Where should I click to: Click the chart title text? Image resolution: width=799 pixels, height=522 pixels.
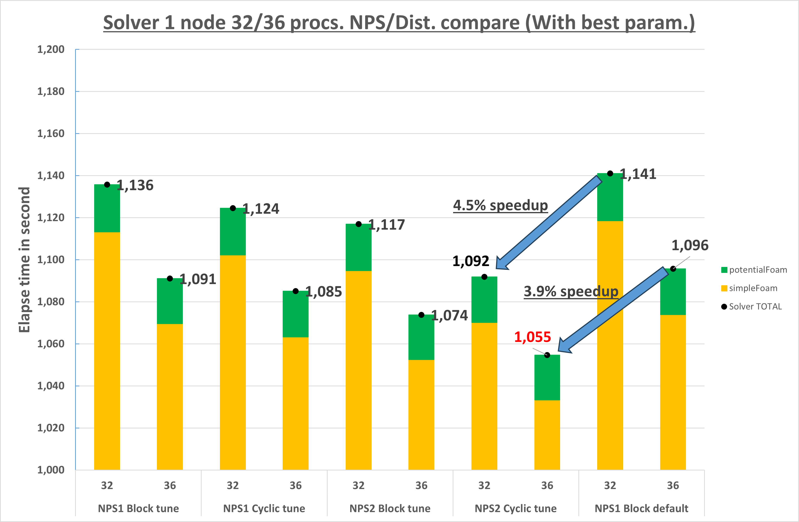399,23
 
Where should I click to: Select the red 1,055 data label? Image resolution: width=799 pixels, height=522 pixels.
533,337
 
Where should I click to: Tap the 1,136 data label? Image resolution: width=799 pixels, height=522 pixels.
135,185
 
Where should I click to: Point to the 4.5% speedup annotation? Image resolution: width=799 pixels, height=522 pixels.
500,205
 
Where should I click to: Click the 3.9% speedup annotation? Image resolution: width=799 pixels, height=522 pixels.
571,291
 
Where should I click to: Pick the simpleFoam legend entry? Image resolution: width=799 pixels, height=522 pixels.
749,288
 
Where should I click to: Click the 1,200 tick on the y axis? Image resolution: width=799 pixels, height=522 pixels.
51,49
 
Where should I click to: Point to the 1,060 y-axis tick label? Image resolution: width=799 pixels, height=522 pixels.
51,344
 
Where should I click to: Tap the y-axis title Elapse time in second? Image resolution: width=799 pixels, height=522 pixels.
24,260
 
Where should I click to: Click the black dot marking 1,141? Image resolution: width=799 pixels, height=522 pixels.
610,174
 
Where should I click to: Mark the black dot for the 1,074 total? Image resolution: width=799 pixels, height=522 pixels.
421,315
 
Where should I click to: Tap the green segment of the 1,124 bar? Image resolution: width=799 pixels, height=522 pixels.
233,232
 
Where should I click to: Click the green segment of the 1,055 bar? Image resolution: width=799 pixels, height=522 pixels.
547,378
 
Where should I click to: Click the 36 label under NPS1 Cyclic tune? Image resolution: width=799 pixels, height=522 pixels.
295,485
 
